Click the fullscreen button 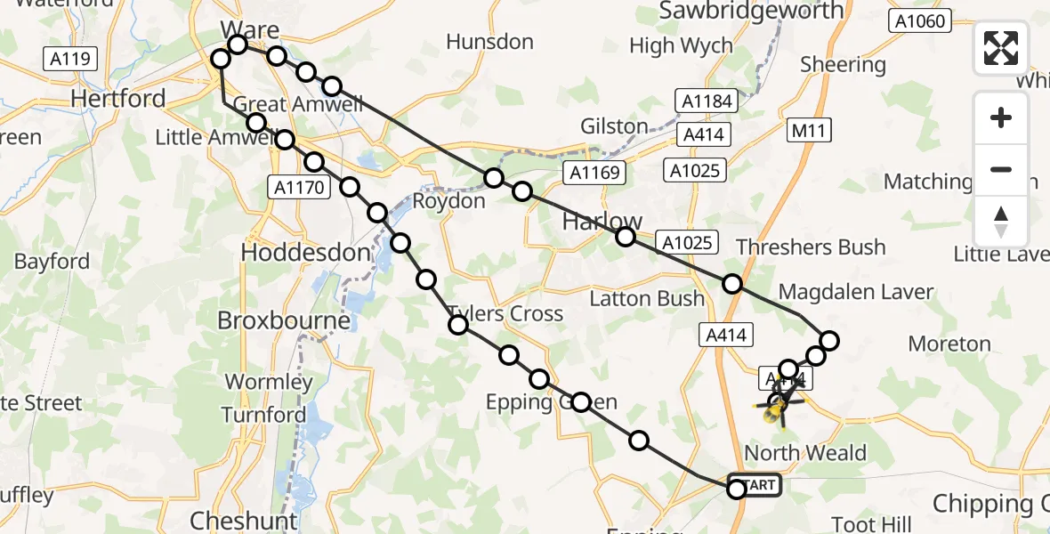pyautogui.click(x=1001, y=48)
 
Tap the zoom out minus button pyautogui.click(x=1001, y=169)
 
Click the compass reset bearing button pyautogui.click(x=1001, y=220)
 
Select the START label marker pyautogui.click(x=757, y=485)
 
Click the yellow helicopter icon pyautogui.click(x=777, y=409)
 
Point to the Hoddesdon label pyautogui.click(x=305, y=253)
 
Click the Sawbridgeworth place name pyautogui.click(x=751, y=11)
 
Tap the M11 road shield pyautogui.click(x=809, y=132)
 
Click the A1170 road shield pyautogui.click(x=299, y=187)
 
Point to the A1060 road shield pyautogui.click(x=920, y=21)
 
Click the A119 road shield pyautogui.click(x=69, y=60)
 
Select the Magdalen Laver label pyautogui.click(x=856, y=291)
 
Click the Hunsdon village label pyautogui.click(x=489, y=42)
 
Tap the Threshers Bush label pyautogui.click(x=811, y=247)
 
